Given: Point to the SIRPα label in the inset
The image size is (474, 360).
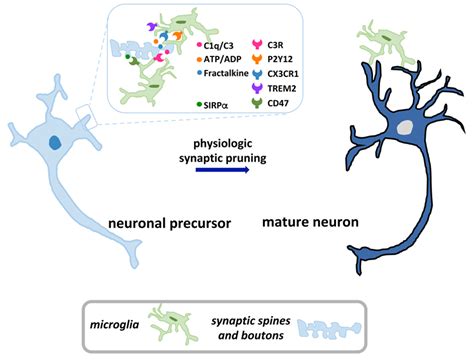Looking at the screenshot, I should point(216,103).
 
